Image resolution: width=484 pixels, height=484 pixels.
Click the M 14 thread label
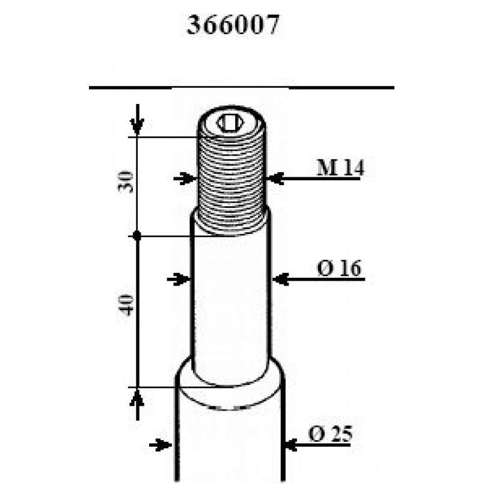[x=340, y=168]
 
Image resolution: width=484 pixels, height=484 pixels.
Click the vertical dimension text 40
[x=126, y=305]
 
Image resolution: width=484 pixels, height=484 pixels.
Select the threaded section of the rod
[x=231, y=180]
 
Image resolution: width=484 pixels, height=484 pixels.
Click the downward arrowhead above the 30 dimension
[x=138, y=127]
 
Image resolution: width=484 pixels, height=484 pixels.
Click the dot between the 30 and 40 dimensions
[x=138, y=236]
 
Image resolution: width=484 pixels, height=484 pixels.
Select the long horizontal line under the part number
[x=240, y=88]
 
